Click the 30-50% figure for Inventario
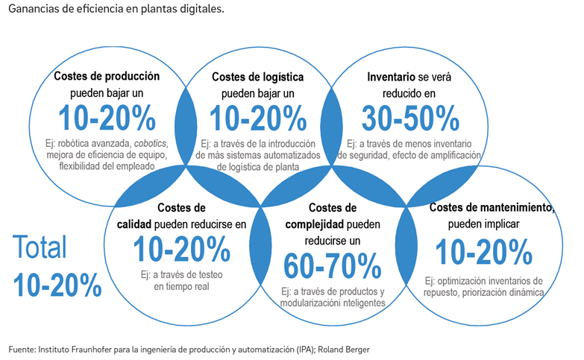(x=409, y=117)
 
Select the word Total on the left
(x=40, y=247)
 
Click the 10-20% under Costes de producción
(x=105, y=118)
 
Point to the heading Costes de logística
(x=253, y=76)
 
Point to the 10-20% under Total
(x=57, y=285)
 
